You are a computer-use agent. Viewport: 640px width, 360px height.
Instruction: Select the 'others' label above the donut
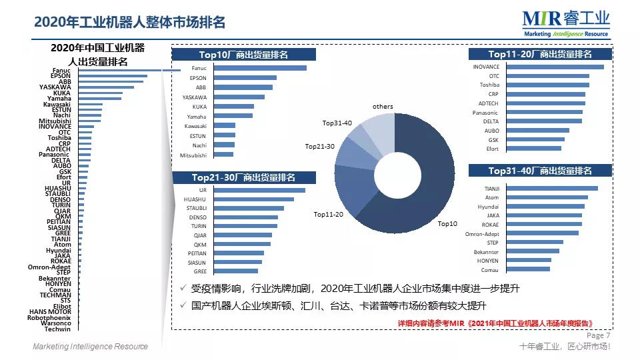coord(383,107)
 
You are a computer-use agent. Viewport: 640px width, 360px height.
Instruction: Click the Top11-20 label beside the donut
coord(329,214)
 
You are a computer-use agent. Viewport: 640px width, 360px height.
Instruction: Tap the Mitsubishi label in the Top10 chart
coord(193,155)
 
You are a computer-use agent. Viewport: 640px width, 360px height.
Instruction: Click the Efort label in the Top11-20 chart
coord(492,149)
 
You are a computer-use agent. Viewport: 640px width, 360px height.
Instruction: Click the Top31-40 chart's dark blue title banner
coord(540,171)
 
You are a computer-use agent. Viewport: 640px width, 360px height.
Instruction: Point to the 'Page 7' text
coord(598,335)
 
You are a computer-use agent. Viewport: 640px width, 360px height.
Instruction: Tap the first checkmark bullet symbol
coord(183,289)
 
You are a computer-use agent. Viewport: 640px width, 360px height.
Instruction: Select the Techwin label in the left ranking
coord(57,329)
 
